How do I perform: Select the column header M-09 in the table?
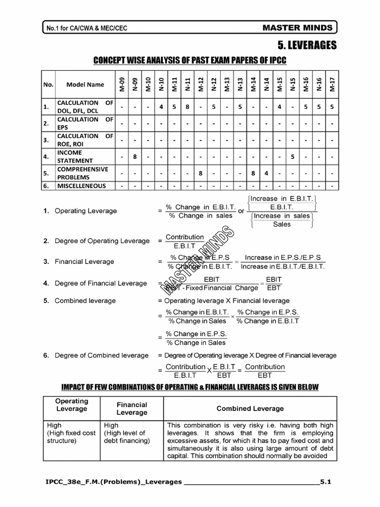click(121, 84)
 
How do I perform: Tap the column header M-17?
click(332, 84)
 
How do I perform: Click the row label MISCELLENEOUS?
click(81, 186)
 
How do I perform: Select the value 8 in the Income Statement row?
click(135, 156)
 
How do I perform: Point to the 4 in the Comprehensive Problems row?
click(266, 173)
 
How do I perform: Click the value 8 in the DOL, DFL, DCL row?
click(188, 106)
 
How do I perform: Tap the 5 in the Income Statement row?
click(293, 156)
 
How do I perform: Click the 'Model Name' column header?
click(85, 85)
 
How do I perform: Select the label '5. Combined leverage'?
click(85, 301)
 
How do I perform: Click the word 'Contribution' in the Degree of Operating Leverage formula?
click(185, 237)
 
